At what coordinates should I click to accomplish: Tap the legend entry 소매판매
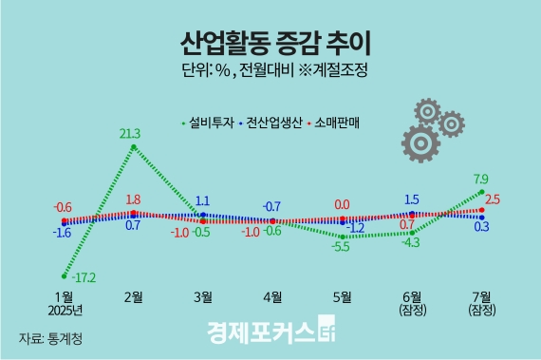pos(340,122)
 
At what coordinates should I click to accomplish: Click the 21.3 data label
pos(130,133)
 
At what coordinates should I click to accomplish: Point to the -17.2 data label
pos(84,278)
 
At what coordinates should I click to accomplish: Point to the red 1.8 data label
pos(133,200)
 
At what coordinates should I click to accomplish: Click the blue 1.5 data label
pos(412,199)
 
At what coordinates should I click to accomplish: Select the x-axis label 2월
pos(134,296)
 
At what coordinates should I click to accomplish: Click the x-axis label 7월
pos(481,296)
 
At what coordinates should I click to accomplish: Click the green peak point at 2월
pos(135,146)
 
